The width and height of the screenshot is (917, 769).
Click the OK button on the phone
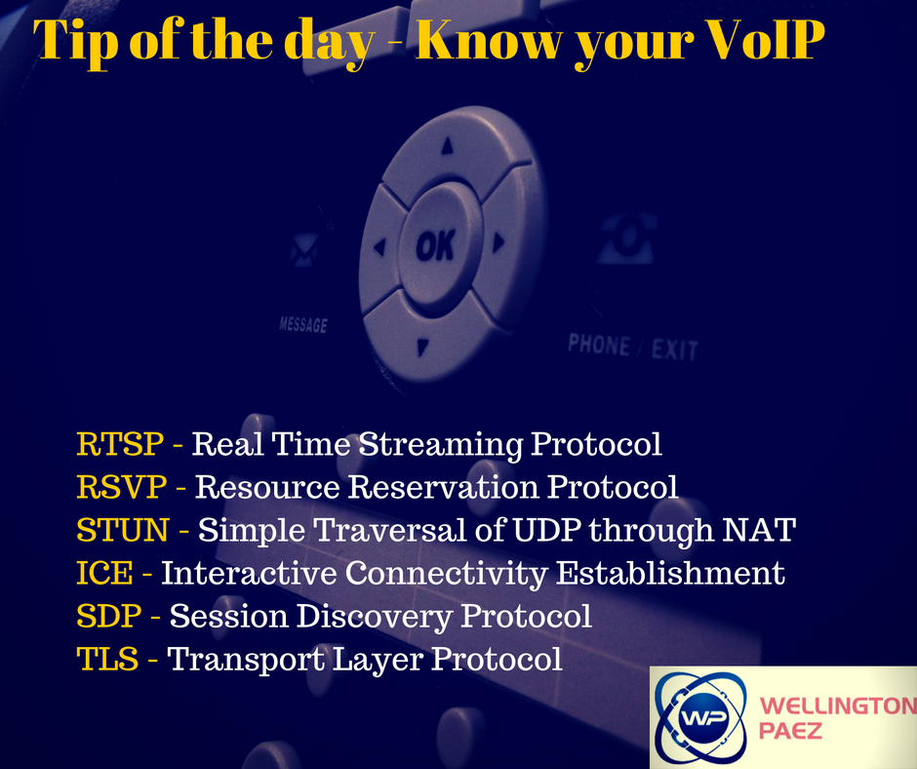tap(436, 246)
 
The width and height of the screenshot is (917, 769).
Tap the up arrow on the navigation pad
tap(448, 145)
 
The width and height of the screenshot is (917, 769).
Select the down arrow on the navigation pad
tap(422, 347)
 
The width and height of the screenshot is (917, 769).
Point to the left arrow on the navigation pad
tap(380, 246)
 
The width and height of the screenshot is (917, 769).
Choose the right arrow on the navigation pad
tap(498, 242)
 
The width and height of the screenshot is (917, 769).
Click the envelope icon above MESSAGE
tap(304, 251)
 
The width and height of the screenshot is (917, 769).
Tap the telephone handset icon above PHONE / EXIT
tap(625, 239)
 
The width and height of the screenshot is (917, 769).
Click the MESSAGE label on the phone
tap(303, 324)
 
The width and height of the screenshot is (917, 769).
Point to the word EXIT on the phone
tap(675, 350)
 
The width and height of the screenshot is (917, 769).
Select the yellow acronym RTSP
tap(120, 444)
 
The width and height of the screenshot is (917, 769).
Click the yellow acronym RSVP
tap(122, 487)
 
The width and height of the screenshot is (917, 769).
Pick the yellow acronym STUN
tap(123, 530)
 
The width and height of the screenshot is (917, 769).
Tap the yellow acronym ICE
tap(104, 573)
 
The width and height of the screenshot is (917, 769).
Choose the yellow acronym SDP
tap(109, 616)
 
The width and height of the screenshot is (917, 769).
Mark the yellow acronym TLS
tap(107, 659)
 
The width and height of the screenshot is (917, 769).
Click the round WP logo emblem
tap(701, 717)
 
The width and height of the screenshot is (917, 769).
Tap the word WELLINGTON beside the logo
tap(837, 706)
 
